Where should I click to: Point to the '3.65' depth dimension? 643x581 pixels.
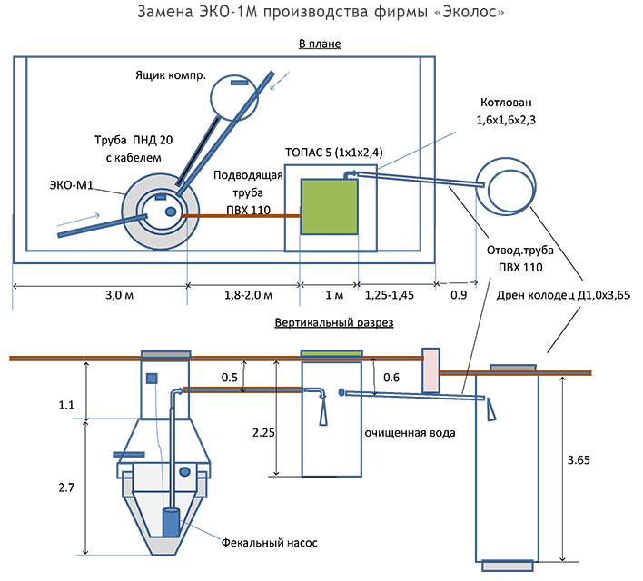coord(579,461)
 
